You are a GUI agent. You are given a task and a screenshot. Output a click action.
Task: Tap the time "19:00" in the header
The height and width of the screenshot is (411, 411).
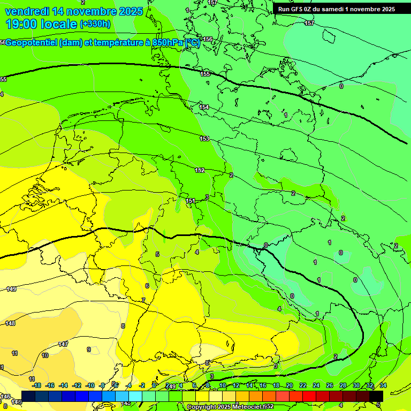pyautogui.click(x=21, y=24)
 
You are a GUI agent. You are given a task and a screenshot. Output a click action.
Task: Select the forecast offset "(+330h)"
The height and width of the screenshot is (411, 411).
pyautogui.click(x=95, y=24)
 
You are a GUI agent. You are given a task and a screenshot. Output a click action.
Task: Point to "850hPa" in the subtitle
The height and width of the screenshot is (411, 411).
pyautogui.click(x=168, y=42)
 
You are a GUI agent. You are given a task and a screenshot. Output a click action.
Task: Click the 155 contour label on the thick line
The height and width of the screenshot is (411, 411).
pyautogui.click(x=205, y=74)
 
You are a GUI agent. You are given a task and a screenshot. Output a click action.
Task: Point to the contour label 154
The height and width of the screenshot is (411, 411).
pyautogui.click(x=204, y=107)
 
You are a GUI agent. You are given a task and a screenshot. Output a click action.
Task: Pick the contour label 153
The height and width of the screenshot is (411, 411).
pyautogui.click(x=204, y=139)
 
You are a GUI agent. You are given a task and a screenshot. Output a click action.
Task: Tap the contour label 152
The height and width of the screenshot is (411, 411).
pyautogui.click(x=200, y=170)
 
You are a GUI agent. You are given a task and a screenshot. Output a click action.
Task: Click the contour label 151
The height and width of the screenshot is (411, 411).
pyautogui.click(x=191, y=201)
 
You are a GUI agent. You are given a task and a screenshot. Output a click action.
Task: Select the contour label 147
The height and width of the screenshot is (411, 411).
pyautogui.click(x=63, y=344)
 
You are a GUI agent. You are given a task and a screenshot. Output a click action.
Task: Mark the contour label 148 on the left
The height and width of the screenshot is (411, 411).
pyautogui.click(x=10, y=323)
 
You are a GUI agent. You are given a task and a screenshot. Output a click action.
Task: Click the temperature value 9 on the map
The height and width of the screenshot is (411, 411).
pyautogui.click(x=88, y=349)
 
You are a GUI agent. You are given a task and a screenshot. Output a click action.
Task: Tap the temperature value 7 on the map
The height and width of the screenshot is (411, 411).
pyautogui.click(x=143, y=300)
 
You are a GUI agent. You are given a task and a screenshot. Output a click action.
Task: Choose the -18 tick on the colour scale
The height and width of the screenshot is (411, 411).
pyautogui.click(x=36, y=385)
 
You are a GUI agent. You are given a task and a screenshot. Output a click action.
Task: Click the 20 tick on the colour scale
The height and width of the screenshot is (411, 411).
pyautogui.click(x=290, y=385)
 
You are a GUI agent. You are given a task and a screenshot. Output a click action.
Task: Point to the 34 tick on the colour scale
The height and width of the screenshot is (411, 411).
pyautogui.click(x=383, y=385)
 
